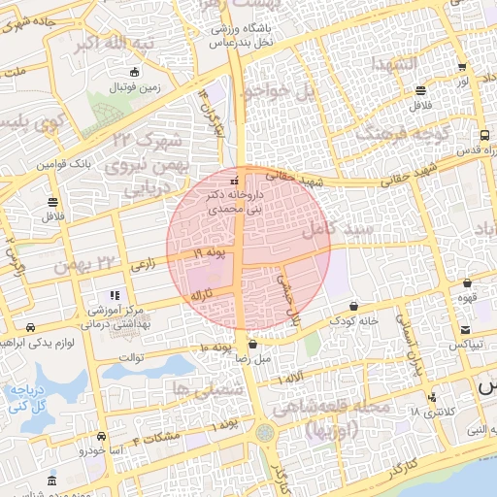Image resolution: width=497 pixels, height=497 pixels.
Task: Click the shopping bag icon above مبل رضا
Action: tap(252, 344)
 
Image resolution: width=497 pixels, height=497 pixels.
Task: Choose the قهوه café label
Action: tap(467, 297)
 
